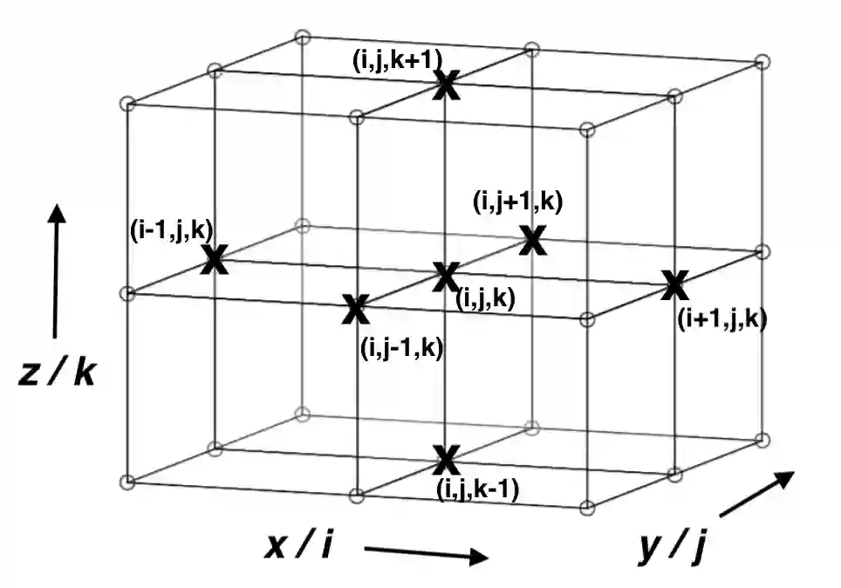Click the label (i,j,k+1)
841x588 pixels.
[x=398, y=59]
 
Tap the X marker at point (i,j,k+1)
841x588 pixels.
[x=447, y=85]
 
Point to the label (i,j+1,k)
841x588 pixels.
[x=517, y=202]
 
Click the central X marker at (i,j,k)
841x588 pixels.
[x=445, y=277]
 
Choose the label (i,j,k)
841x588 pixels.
[x=485, y=299]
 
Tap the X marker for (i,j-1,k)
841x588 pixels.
[x=355, y=308]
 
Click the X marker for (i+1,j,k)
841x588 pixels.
[x=673, y=284]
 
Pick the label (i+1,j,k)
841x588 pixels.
[x=721, y=320]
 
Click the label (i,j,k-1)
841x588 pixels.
[x=477, y=490]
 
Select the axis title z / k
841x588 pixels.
[x=58, y=373]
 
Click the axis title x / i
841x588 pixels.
[x=298, y=548]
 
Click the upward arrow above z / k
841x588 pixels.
[x=57, y=270]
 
